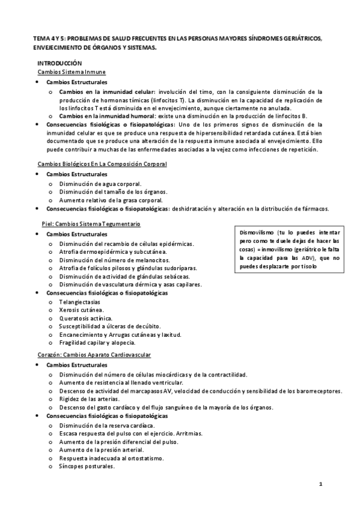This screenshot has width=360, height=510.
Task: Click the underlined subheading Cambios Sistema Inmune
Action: pyautogui.click(x=72, y=72)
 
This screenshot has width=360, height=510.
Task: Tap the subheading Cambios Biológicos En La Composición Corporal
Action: pyautogui.click(x=102, y=164)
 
